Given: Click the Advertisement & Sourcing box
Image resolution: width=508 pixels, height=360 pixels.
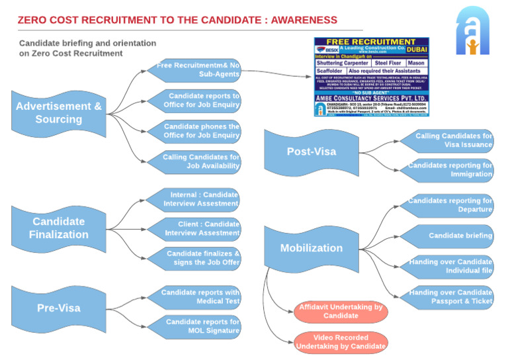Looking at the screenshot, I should tap(59, 113).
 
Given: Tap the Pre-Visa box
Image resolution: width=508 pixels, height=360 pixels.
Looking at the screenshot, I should tap(58, 308).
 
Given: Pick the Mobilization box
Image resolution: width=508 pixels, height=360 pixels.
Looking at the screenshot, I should tap(312, 248).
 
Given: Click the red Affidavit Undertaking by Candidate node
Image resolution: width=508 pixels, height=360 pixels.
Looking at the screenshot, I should tap(341, 312).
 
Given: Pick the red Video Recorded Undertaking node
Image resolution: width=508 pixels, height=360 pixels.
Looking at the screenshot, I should tap(341, 341).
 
